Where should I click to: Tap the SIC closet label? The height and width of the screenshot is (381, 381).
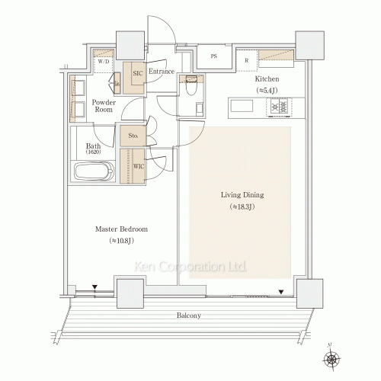click(x=137, y=73)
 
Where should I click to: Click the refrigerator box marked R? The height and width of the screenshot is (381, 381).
click(x=246, y=61)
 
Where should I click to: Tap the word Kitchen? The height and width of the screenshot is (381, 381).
click(x=267, y=79)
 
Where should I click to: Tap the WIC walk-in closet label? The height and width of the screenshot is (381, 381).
click(x=138, y=166)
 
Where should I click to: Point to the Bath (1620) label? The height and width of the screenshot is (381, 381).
click(x=93, y=149)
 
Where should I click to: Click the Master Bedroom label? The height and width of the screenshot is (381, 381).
click(x=121, y=229)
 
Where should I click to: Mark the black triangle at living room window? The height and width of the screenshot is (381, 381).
click(x=283, y=290)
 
